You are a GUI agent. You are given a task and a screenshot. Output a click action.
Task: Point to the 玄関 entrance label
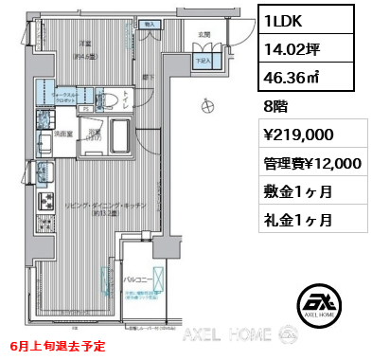click(x=204, y=34)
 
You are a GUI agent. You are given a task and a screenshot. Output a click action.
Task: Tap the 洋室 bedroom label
click(x=84, y=44)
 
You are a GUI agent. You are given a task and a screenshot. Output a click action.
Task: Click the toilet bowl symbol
click(x=109, y=99)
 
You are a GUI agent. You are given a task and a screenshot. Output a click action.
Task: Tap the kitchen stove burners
click(x=44, y=121)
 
